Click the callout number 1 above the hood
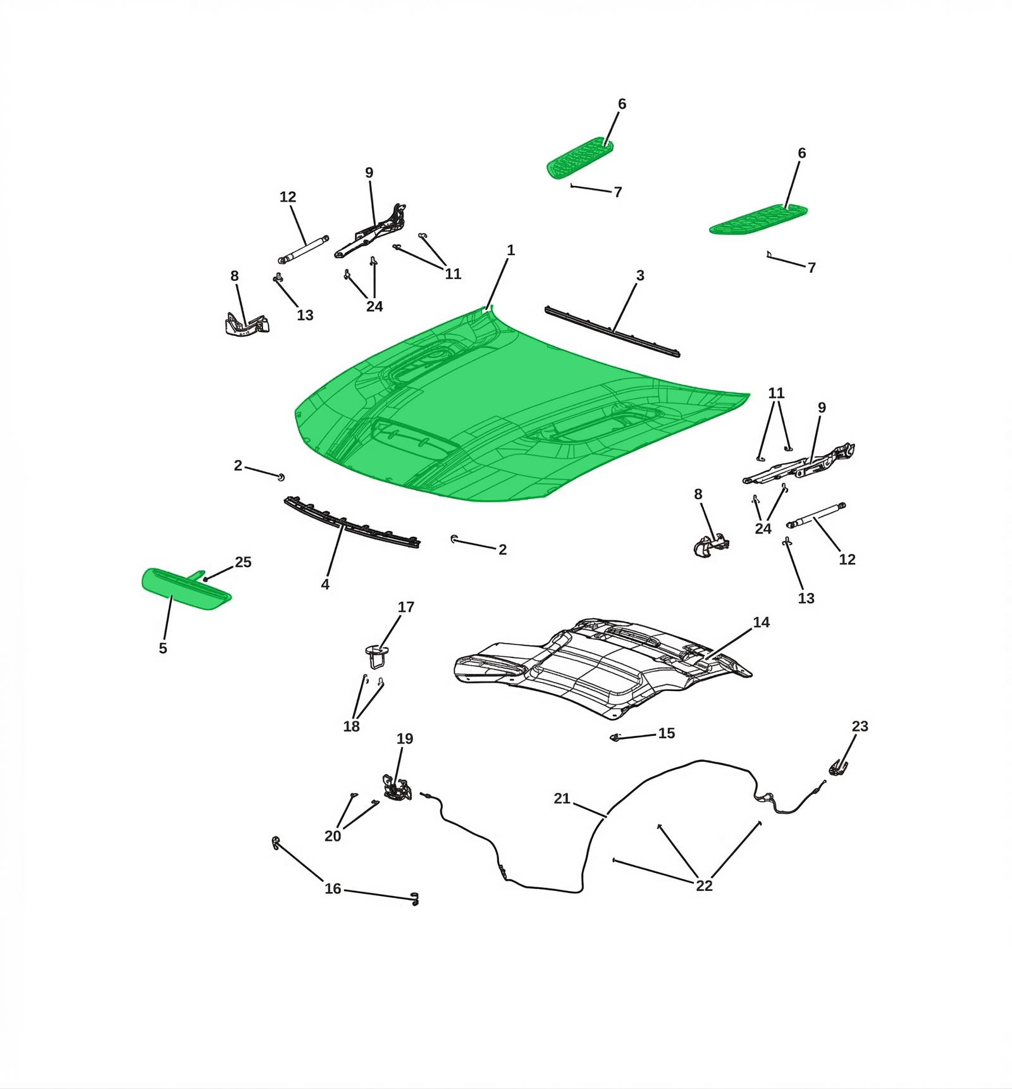[x=511, y=251]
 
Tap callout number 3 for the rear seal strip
[x=640, y=275]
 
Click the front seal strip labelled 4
[x=352, y=523]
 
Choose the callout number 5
[x=163, y=649]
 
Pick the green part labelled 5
[x=185, y=588]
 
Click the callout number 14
[x=761, y=623]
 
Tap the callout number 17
[x=406, y=607]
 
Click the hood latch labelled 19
[x=397, y=788]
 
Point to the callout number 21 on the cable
[x=562, y=799]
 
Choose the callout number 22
[x=704, y=886]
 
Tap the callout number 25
[x=244, y=563]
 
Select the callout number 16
[x=333, y=889]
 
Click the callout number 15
[x=667, y=733]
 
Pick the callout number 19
[x=405, y=739]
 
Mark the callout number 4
[x=325, y=585]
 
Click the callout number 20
[x=333, y=837]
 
